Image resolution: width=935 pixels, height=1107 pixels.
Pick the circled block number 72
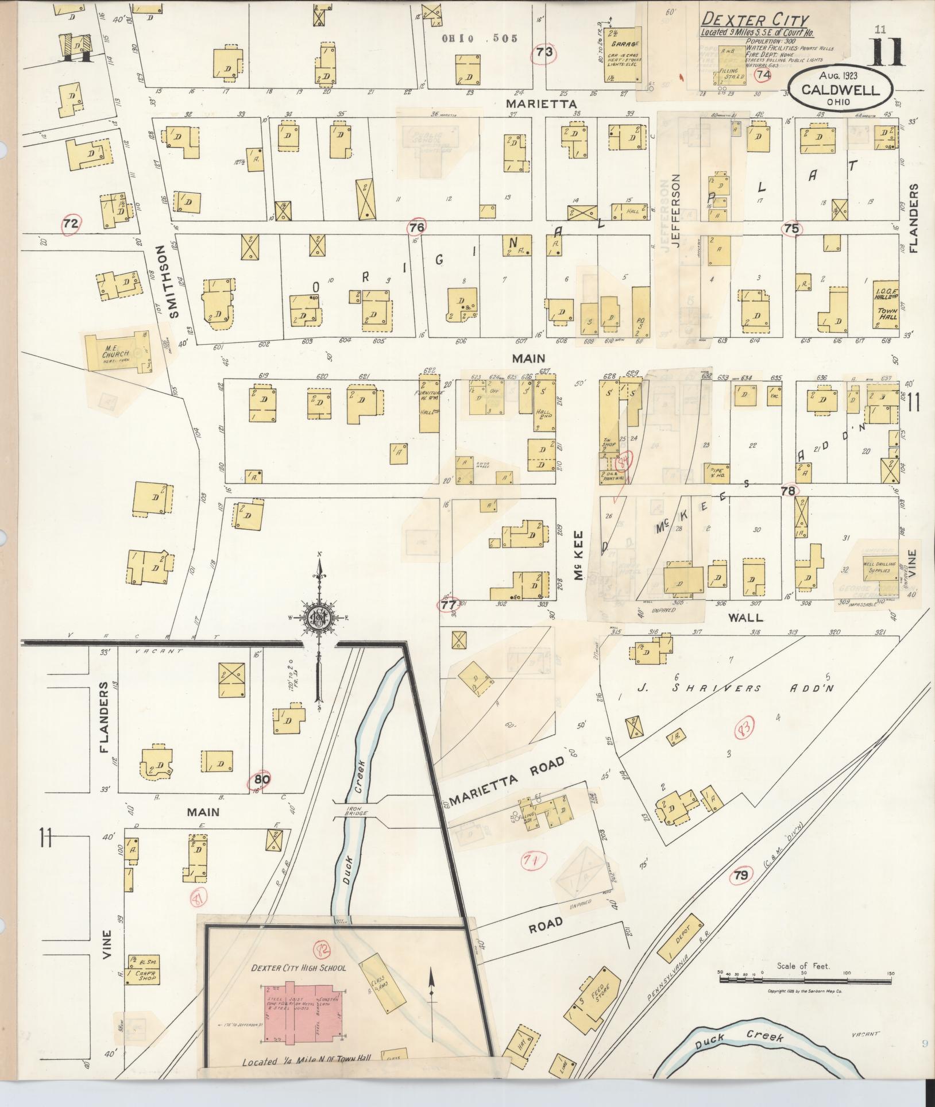(70, 224)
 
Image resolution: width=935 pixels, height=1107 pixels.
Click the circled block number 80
(262, 780)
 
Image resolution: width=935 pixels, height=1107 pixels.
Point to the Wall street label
(745, 618)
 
